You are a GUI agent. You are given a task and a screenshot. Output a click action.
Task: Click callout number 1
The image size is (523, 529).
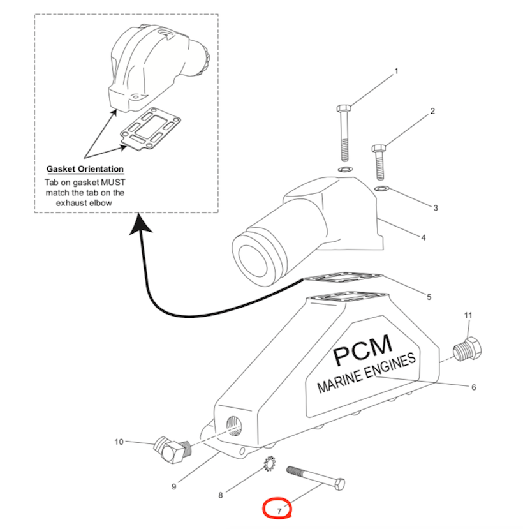point(396,71)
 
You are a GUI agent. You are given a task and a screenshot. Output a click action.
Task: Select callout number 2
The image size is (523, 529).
point(432,111)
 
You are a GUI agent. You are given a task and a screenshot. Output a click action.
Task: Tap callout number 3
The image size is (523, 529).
point(436,208)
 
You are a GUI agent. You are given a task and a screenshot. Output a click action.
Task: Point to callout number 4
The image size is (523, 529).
point(423,238)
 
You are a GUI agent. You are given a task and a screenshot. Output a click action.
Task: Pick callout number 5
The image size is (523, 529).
point(429,297)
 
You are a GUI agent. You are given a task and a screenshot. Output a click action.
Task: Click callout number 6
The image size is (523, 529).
point(473,387)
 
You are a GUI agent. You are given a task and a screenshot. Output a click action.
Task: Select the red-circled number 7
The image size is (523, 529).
point(279,510)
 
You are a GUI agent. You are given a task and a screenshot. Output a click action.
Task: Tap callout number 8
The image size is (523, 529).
point(221,495)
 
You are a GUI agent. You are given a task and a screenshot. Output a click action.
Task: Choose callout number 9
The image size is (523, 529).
point(173,487)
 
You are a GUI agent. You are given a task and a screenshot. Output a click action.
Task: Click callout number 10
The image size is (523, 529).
point(119,442)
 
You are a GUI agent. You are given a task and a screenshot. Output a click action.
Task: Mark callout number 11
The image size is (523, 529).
point(468,315)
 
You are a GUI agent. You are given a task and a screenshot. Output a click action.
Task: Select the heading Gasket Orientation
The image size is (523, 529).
point(85,169)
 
